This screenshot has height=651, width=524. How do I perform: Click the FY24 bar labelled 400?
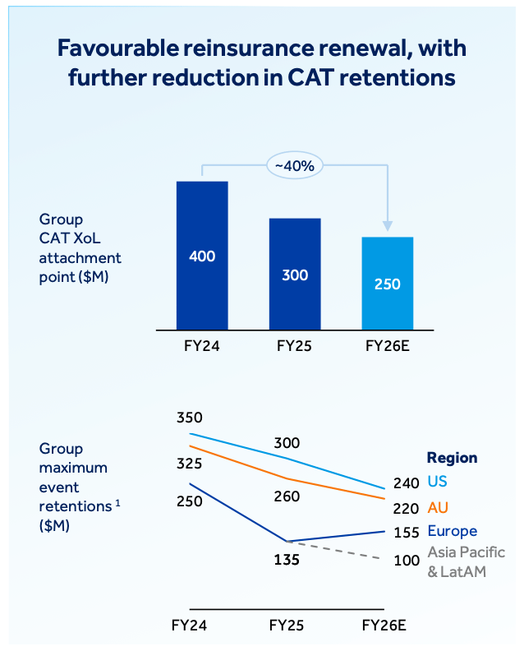202,256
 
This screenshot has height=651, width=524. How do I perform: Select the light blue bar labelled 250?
387,284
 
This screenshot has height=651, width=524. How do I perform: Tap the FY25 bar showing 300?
295,274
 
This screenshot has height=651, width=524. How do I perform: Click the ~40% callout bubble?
295,165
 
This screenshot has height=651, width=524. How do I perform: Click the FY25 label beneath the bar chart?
295,345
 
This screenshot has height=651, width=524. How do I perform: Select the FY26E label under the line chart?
384,626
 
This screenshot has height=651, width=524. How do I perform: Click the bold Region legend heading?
452,458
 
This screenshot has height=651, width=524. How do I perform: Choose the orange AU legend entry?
438,507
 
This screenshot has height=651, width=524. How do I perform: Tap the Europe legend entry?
452,531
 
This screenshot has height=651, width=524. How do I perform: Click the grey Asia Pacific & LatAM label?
466,561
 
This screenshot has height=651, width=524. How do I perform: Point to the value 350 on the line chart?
189,418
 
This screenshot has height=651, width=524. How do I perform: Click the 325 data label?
189,464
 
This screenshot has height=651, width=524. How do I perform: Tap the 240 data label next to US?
406,482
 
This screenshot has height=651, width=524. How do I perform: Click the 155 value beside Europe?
406,532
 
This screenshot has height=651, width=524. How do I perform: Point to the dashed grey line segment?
337,550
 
